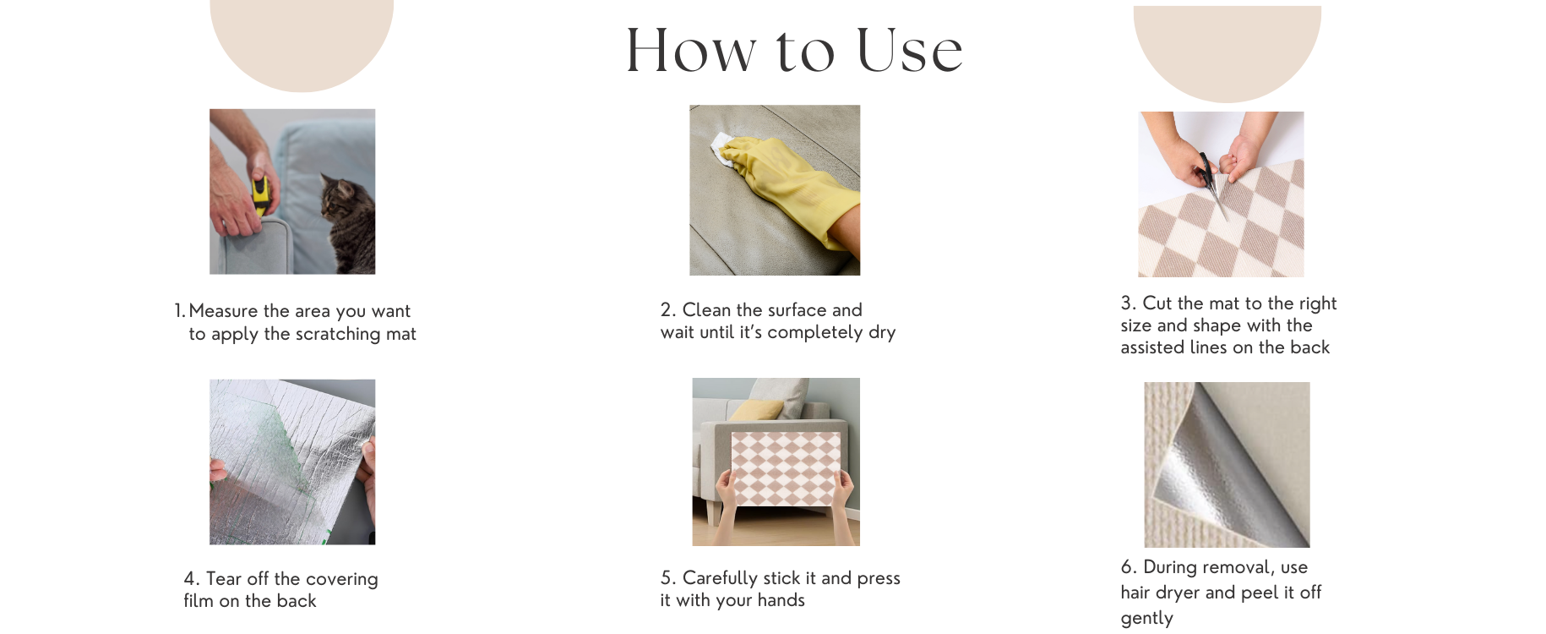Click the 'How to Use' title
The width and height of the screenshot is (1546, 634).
(x=794, y=50)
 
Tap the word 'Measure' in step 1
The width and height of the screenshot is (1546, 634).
(x=223, y=311)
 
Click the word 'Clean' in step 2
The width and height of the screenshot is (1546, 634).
(x=706, y=309)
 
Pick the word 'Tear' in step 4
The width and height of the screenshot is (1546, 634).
(x=224, y=579)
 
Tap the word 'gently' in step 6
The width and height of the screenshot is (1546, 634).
(x=1146, y=619)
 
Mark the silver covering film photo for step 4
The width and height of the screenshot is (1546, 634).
(x=292, y=462)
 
